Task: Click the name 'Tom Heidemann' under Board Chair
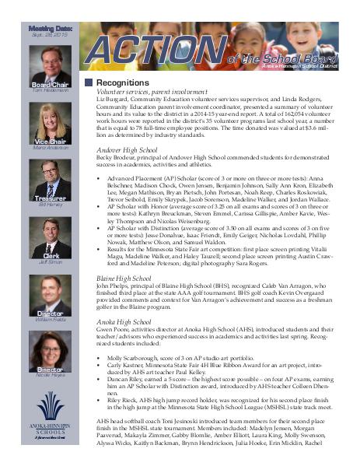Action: [40, 90]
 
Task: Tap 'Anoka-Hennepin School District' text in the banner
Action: [314, 68]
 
